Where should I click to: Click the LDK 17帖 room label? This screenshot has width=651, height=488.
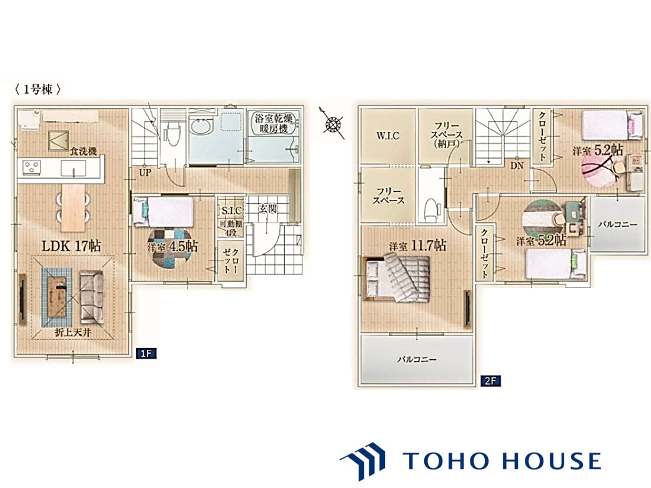71,246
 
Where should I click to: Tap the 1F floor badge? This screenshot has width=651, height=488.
146,354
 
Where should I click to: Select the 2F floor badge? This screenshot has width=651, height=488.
490,381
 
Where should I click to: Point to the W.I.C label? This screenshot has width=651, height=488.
387,136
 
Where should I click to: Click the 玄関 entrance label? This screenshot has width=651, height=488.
267,209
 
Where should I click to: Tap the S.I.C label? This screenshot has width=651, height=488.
231,211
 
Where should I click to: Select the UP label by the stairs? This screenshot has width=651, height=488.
145,172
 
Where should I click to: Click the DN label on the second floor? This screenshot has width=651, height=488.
517,166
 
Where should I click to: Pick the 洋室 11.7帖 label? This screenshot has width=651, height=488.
417,246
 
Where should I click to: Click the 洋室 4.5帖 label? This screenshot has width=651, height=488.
172,247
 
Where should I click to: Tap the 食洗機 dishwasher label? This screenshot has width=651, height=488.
83,151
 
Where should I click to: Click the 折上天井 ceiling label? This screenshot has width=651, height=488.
73,332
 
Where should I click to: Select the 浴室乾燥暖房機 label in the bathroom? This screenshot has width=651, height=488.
274,123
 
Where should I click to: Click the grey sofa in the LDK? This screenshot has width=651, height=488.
91,297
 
